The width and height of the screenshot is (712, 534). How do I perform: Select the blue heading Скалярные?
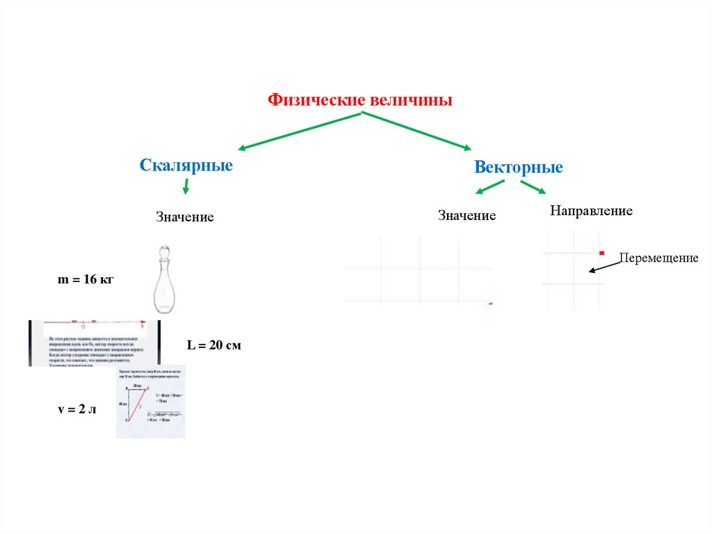tap(186, 166)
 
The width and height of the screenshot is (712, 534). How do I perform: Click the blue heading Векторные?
tap(518, 168)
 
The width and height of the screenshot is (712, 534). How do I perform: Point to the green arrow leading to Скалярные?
tap(299, 130)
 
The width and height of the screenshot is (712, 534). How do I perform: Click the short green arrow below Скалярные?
tap(186, 186)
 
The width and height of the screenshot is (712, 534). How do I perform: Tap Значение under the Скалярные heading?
tap(184, 217)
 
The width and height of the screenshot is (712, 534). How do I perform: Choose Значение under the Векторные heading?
tap(467, 215)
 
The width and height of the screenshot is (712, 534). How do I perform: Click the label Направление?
tap(591, 210)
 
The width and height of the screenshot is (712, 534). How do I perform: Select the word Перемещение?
tap(658, 258)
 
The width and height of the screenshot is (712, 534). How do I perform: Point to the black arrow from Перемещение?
tap(603, 266)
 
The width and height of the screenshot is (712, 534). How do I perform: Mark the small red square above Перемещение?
tap(601, 253)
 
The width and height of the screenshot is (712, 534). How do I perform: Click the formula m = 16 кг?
tap(85, 280)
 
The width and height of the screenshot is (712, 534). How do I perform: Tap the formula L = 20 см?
tap(214, 345)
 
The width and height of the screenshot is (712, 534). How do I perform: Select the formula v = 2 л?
tap(76, 409)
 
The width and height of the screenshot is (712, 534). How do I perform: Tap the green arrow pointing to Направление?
tap(533, 187)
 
